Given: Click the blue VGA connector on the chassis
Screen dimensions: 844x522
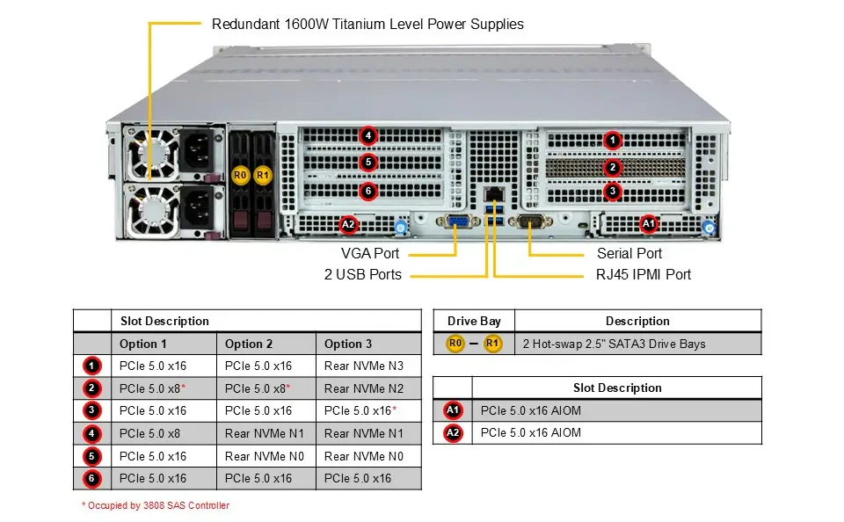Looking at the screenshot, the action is (x=458, y=221).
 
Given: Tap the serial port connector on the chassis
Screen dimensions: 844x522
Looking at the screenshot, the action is (x=530, y=221).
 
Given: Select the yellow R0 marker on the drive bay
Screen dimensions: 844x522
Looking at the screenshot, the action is (x=240, y=175).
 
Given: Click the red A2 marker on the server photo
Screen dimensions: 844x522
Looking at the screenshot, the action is (x=348, y=224).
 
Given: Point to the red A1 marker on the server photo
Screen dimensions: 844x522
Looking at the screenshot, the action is (x=649, y=223).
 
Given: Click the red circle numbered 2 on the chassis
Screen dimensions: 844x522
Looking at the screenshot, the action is (x=613, y=167).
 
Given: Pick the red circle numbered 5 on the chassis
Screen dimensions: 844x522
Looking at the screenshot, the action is (x=368, y=162).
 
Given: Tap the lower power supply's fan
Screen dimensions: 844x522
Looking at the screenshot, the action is (x=153, y=209).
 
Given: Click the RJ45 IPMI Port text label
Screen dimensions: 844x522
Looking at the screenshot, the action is (x=644, y=274).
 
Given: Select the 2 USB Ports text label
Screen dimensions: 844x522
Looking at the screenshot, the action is (x=363, y=274).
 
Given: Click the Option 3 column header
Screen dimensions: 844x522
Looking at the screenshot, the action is (x=348, y=344).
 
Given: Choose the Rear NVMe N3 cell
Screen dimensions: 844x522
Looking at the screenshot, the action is (x=364, y=366).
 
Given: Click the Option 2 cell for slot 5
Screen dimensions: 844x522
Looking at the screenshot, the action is (x=265, y=456).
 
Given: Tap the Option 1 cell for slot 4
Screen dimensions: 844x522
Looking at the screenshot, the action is (x=149, y=434).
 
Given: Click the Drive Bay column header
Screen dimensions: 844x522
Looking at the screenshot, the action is (x=474, y=322).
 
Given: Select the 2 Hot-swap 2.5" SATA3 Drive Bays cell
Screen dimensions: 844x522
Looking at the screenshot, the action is (x=615, y=344).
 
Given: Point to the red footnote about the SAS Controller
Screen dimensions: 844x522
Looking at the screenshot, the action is (x=156, y=505).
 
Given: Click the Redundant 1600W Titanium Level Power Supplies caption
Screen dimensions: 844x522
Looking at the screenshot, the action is (x=367, y=25).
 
